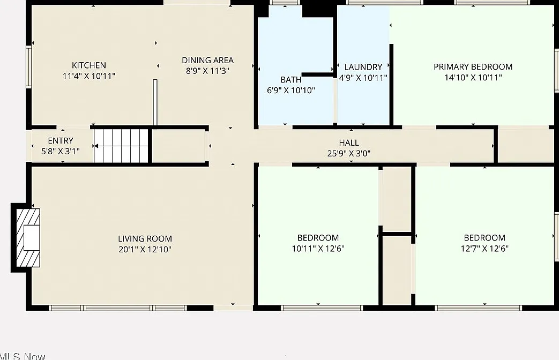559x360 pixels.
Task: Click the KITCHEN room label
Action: (89, 65)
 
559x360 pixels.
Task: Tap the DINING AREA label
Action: (208, 60)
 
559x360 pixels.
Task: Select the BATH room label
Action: (291, 80)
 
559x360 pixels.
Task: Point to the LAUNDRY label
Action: (363, 67)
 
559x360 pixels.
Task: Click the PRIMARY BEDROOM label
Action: (473, 66)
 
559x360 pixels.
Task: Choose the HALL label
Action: (349, 142)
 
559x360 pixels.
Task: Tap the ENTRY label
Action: (61, 140)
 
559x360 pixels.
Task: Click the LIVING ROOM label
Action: (145, 238)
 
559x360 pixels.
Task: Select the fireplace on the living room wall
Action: (26, 238)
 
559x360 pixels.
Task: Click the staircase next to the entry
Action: (121, 146)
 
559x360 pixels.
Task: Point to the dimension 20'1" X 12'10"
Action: (145, 249)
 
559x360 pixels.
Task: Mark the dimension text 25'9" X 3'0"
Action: (349, 153)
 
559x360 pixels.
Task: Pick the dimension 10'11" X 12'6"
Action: (318, 249)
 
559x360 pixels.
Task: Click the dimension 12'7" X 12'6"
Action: (485, 249)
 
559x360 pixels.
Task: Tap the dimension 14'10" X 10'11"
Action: (473, 77)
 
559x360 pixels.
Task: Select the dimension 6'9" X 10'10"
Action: (291, 90)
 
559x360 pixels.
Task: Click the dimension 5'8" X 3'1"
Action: (61, 151)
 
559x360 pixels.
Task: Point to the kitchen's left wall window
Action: (28, 66)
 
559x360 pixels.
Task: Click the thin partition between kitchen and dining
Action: (155, 103)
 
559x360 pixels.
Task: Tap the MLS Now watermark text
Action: (23, 356)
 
